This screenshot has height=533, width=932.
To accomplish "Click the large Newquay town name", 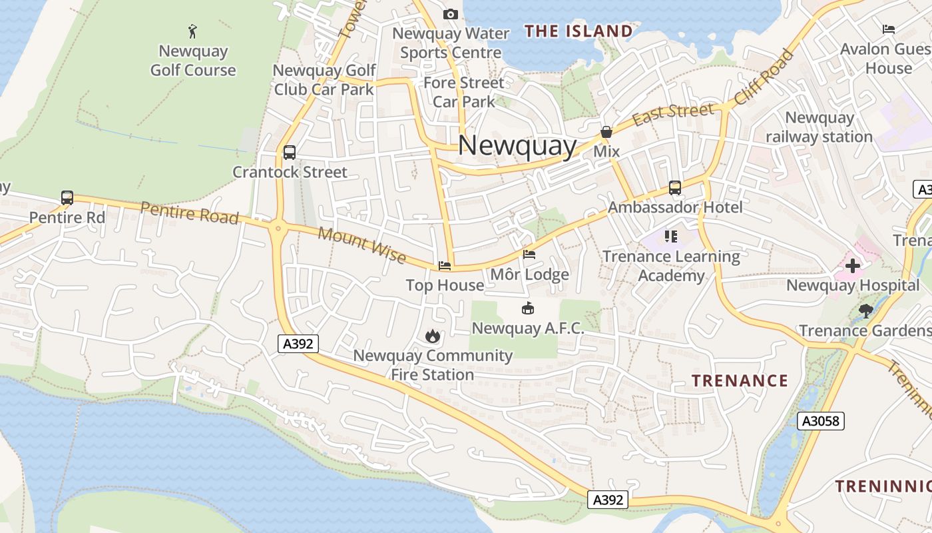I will [517, 146].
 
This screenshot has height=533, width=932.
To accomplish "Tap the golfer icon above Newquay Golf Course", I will [193, 31].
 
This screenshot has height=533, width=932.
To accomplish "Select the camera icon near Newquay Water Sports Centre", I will [451, 14].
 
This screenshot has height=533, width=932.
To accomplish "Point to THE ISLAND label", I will [578, 31].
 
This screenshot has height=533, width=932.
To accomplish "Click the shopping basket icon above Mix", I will [606, 133].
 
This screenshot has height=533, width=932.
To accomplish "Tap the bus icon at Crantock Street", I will [290, 153].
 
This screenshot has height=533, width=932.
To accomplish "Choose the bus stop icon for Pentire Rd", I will [67, 198].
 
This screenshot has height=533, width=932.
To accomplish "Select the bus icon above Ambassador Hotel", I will [675, 188].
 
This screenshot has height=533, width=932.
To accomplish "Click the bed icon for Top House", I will [445, 266].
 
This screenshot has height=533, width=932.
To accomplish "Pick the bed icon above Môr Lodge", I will [529, 255].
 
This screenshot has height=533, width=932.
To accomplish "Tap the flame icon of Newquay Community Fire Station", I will [433, 336].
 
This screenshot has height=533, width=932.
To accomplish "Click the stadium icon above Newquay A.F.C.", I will [527, 308].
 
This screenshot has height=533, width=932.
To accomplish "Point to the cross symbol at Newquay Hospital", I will [853, 266].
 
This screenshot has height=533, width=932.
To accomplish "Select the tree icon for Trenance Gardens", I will [865, 310].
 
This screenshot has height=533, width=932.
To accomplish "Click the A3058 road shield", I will [821, 421].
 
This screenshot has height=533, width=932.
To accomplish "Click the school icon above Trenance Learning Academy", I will [670, 237].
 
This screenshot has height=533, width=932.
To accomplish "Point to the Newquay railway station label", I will [819, 127].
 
